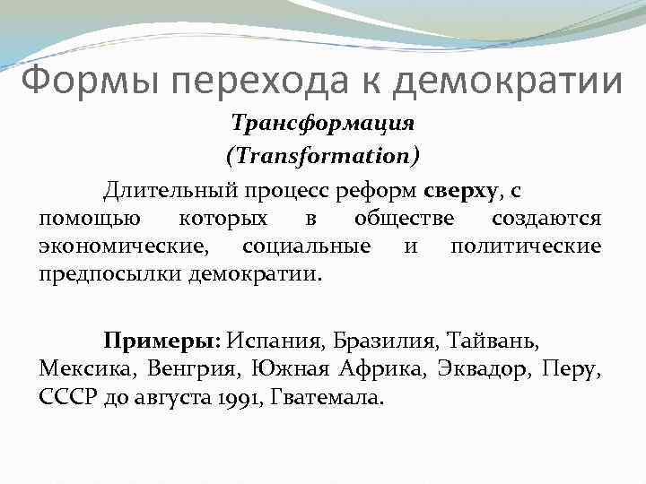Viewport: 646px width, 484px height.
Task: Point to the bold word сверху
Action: pyautogui.click(x=458, y=191)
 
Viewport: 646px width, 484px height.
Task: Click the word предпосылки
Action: pyautogui.click(x=111, y=273)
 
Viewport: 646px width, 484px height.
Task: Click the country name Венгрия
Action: pyautogui.click(x=197, y=368)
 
